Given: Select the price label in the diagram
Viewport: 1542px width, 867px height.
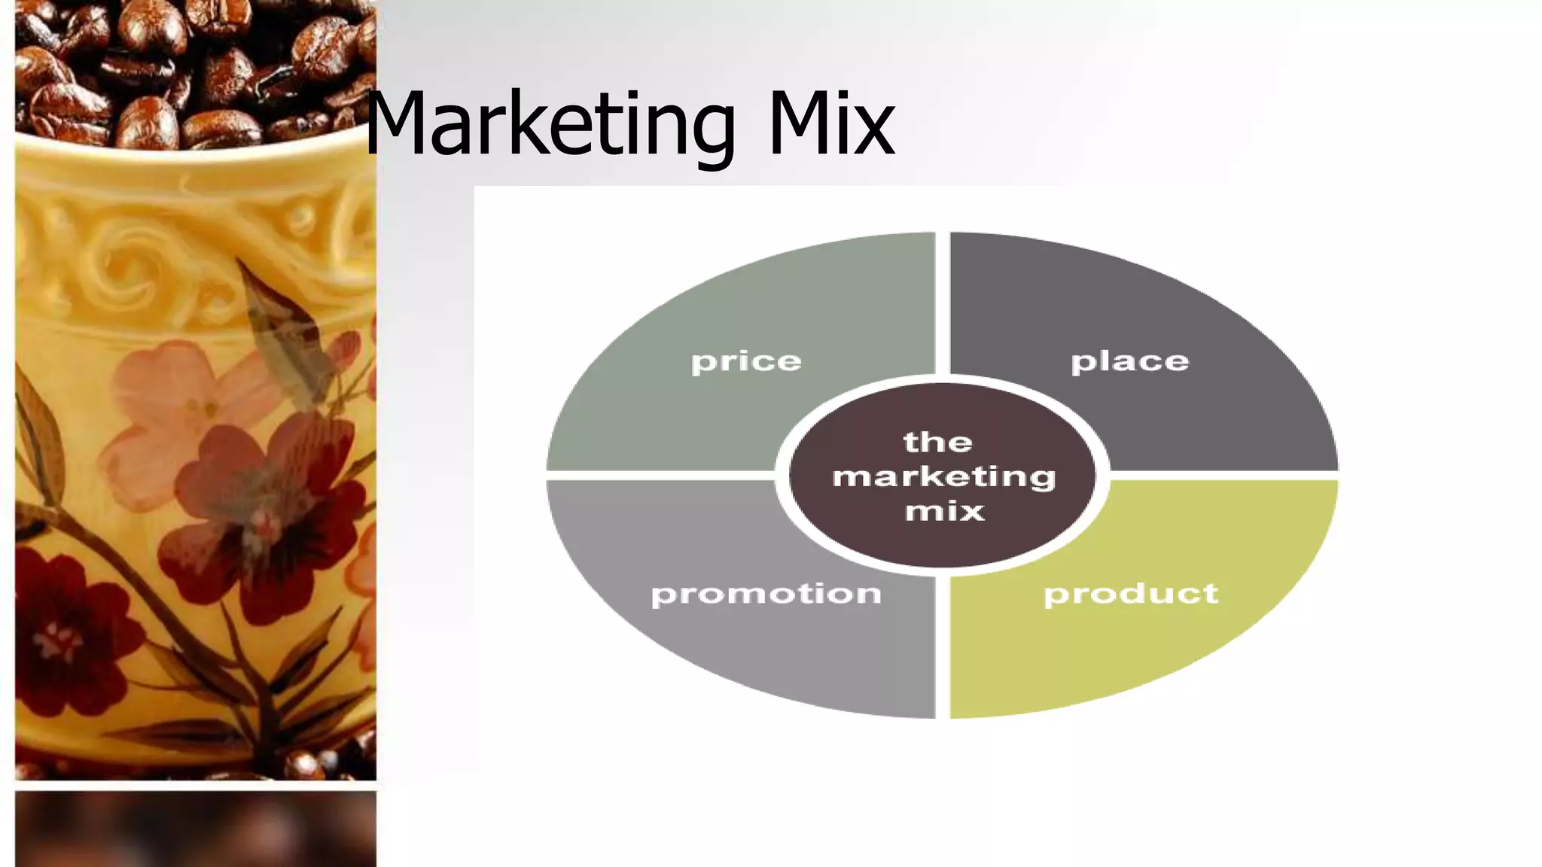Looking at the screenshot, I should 746,362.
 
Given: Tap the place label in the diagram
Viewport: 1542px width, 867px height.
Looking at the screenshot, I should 1129,362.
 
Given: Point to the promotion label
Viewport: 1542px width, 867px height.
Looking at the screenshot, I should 766,594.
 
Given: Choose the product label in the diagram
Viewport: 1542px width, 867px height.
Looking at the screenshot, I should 1130,594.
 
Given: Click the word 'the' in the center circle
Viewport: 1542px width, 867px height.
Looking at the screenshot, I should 937,442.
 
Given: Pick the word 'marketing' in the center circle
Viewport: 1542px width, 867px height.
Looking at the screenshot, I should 944,477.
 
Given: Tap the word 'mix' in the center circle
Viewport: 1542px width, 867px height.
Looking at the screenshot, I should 944,512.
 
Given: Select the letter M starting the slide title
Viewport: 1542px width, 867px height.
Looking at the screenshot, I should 399,124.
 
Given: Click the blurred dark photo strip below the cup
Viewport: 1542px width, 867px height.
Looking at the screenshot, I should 196,828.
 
